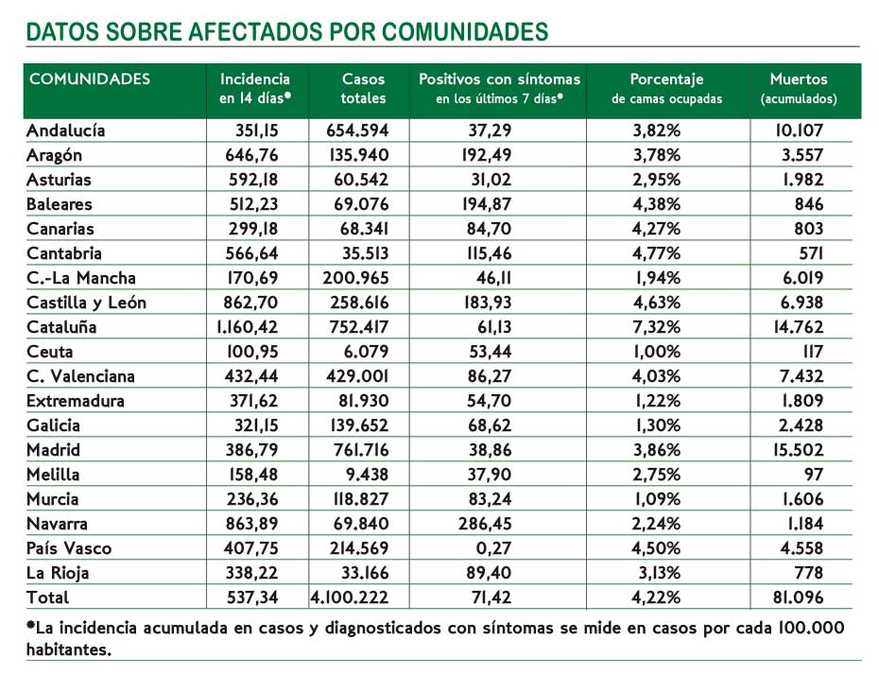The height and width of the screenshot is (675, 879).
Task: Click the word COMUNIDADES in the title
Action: tap(465, 31)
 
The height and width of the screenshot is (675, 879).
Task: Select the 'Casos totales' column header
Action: tap(363, 89)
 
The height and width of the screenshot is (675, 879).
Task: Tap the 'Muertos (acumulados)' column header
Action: tap(799, 89)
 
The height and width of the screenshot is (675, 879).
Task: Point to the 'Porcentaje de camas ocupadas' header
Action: tap(666, 89)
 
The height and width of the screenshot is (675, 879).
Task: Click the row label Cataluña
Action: tap(61, 327)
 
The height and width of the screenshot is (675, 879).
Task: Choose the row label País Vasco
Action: tap(68, 548)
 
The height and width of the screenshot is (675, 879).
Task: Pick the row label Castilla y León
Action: tap(86, 303)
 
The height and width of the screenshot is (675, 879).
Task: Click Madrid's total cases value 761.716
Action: tap(359, 450)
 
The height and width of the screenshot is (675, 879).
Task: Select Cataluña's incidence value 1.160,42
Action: tap(248, 327)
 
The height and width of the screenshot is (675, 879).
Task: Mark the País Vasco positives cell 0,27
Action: tap(493, 548)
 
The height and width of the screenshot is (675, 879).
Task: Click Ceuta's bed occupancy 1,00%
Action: tap(657, 352)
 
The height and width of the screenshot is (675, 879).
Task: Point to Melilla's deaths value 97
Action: tap(814, 475)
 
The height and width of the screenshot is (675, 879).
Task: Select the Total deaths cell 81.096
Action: tap(799, 597)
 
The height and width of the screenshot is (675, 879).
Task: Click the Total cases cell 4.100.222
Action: tap(350, 597)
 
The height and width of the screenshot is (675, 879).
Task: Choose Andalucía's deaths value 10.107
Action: tap(800, 130)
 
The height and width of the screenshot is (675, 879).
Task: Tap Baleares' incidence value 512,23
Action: tap(253, 204)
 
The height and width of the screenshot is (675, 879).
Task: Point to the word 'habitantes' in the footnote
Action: tap(69, 649)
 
